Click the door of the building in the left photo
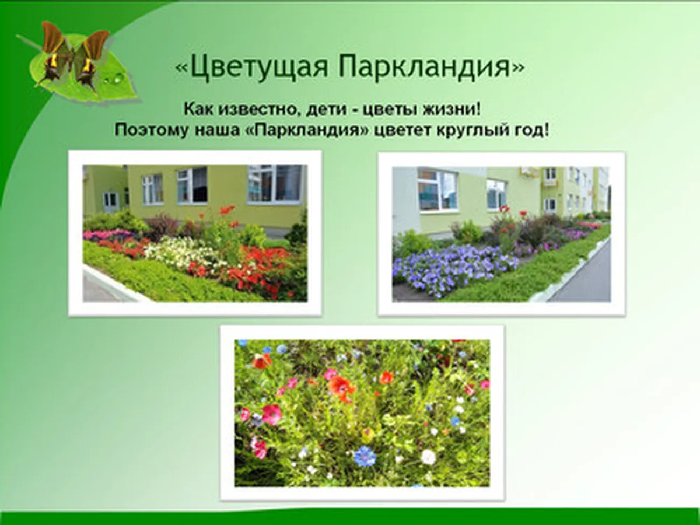tap(111, 200)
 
